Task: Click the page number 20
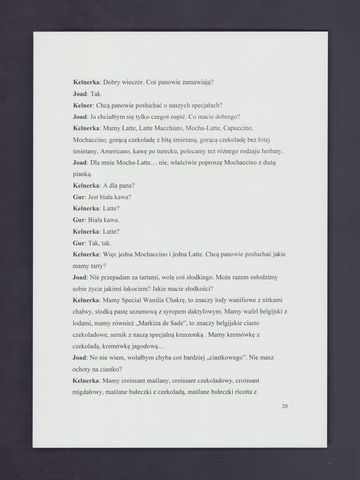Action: (x=284, y=406)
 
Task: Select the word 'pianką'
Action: (x=82, y=174)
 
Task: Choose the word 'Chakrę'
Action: (x=172, y=300)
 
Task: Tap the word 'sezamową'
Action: (x=155, y=311)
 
